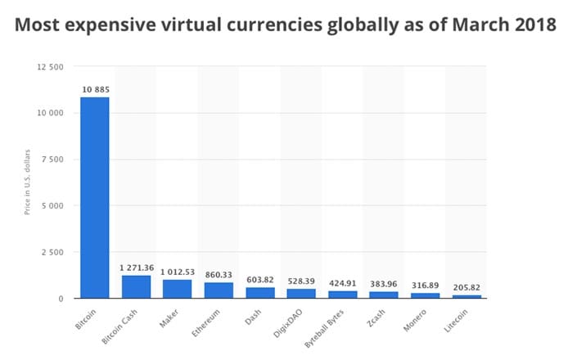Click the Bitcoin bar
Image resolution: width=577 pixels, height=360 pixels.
click(x=94, y=197)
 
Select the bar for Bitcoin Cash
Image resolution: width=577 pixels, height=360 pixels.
click(x=136, y=287)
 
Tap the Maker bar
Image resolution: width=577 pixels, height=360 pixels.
click(x=177, y=289)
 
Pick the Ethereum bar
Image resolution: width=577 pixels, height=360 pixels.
click(x=219, y=290)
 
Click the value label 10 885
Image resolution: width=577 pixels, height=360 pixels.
click(x=95, y=88)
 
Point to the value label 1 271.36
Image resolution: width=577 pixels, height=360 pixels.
click(x=137, y=267)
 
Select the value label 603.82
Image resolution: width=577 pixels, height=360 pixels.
click(x=259, y=279)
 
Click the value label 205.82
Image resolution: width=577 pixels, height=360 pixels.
click(x=467, y=286)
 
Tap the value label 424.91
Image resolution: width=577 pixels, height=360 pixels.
click(x=342, y=282)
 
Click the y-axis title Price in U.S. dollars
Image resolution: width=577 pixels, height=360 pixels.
click(x=27, y=182)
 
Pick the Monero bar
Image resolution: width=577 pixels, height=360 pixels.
click(x=425, y=295)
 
